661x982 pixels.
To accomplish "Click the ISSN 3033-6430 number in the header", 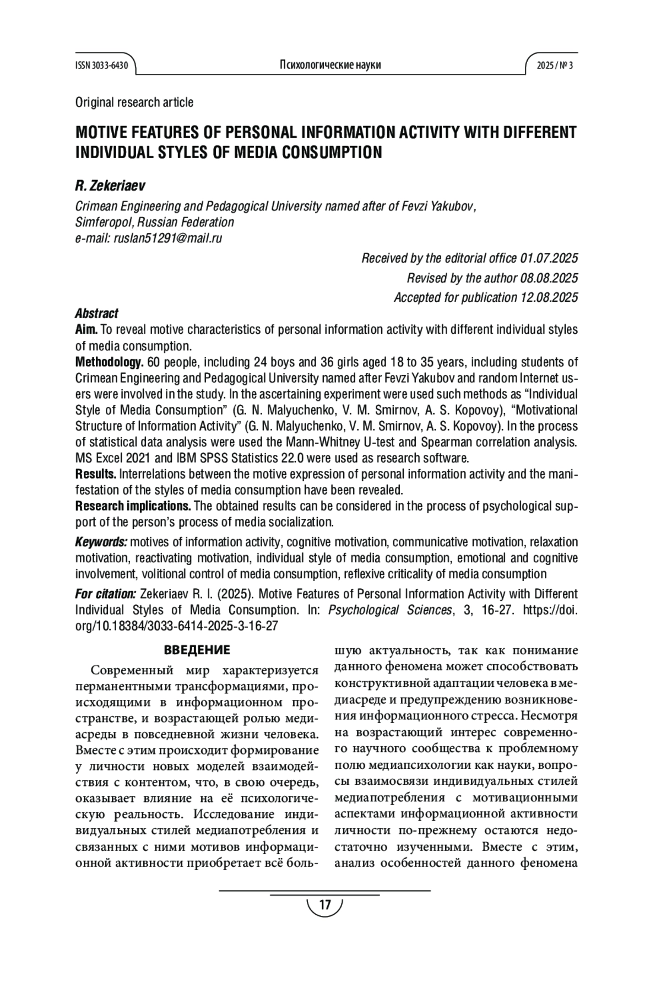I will (102, 66).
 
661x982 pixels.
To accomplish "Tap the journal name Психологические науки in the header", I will (330, 65).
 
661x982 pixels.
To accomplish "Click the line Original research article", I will (134, 102).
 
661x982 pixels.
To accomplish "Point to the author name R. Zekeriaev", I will (110, 186).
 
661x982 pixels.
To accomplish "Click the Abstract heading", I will (96, 313).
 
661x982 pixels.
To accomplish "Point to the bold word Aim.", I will (86, 330).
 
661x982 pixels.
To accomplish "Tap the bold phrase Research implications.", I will (133, 506).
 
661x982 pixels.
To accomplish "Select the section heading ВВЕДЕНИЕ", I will (197, 650).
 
